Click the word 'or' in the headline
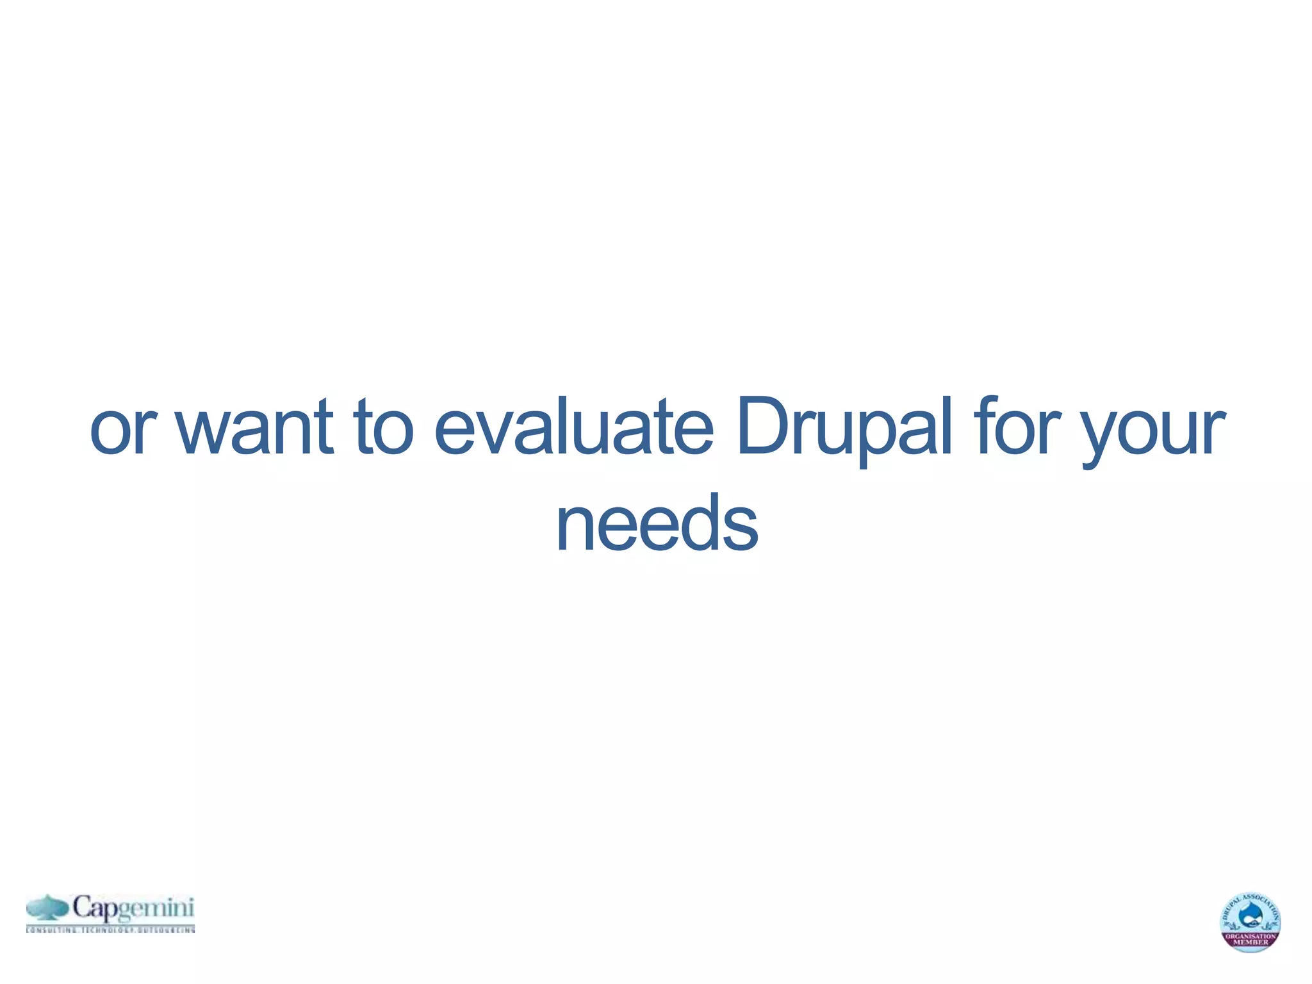coord(123,428)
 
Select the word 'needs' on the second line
coord(657,523)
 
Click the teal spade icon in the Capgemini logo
coord(47,908)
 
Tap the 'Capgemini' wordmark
coord(133,908)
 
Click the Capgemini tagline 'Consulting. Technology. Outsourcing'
coord(110,929)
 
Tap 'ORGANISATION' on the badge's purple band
coord(1250,936)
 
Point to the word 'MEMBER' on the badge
coord(1250,942)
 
